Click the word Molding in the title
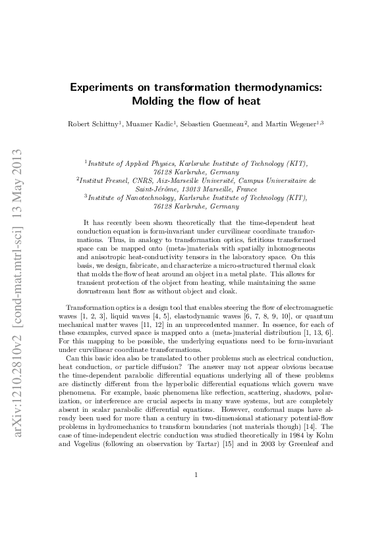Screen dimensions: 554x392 pyautogui.click(x=155, y=101)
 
